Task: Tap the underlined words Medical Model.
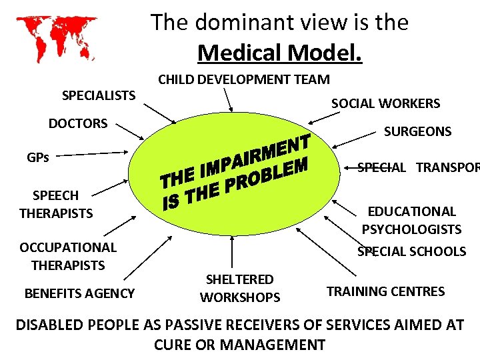(280, 52)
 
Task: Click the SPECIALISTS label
(99, 95)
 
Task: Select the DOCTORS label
(78, 123)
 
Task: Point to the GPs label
(38, 158)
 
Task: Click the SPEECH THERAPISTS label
(56, 205)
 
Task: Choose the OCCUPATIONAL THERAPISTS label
(67, 256)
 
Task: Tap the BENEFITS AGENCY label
(79, 293)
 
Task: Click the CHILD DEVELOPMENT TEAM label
(243, 79)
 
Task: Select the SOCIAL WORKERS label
(386, 103)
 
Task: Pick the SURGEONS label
(417, 131)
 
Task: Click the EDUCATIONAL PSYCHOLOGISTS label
(411, 221)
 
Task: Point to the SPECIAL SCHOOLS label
(411, 251)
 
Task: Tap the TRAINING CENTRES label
(386, 291)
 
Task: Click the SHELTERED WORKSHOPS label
(239, 288)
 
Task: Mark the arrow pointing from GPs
(101, 153)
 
